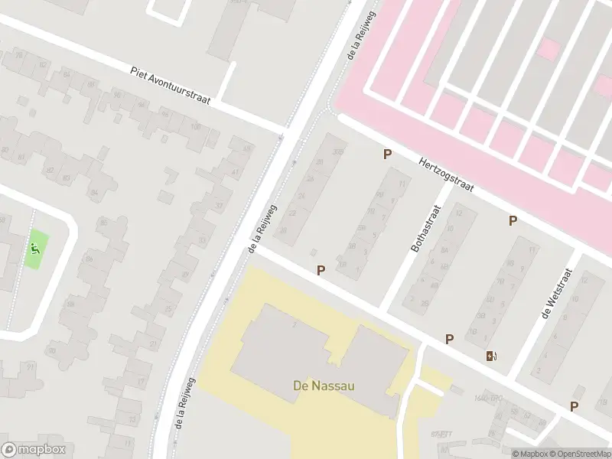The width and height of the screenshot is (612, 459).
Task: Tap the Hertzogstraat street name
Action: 447,174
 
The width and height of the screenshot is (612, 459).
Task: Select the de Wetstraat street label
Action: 556,295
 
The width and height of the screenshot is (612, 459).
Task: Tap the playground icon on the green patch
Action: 34,248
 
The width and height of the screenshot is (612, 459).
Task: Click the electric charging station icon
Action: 490,356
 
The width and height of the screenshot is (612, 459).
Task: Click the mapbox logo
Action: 33,450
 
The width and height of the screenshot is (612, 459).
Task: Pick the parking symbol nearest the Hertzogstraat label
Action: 388,155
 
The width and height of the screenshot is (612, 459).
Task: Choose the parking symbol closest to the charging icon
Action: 449,339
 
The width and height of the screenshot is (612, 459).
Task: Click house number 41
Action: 233,174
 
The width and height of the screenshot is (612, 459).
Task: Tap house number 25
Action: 168,309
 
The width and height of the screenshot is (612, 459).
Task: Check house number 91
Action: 31,366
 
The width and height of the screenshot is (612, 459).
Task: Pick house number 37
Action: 219,206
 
